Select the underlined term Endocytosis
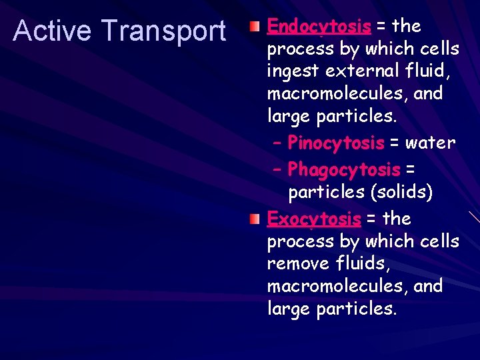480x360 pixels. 319,27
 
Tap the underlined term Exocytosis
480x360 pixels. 313,219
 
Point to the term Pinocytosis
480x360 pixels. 336,143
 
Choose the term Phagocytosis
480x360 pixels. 344,170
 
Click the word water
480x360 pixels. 431,143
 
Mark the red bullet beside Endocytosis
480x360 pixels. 255,27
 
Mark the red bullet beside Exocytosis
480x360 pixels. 255,219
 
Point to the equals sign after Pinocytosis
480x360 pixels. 395,143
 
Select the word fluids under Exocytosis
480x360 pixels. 363,264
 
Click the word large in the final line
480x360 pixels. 289,309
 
